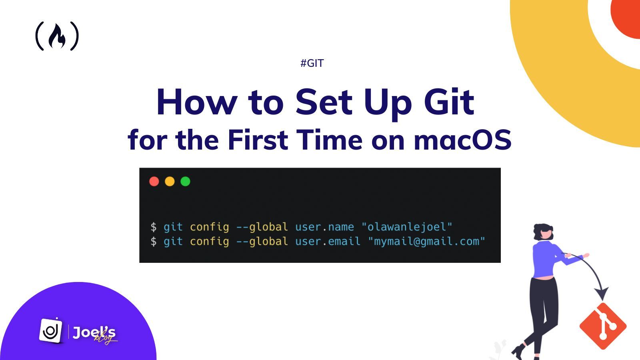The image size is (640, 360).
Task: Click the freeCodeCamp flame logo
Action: (57, 36)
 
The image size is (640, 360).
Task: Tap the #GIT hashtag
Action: (312, 63)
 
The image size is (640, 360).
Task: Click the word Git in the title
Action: (449, 102)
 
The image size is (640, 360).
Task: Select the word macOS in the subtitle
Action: (462, 140)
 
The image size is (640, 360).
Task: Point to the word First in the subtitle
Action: (258, 140)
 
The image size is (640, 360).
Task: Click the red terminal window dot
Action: (154, 182)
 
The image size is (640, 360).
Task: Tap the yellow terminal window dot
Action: (170, 182)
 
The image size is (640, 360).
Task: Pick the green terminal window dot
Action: (186, 182)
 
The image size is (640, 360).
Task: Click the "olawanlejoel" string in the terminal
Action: (407, 227)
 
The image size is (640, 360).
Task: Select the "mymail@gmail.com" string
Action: (426, 242)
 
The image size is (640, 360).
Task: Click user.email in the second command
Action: (328, 242)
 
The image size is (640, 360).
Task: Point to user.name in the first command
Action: (324, 227)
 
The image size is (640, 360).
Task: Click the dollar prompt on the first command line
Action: (154, 227)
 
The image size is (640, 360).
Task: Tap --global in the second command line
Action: (262, 242)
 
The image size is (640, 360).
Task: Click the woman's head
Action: (543, 232)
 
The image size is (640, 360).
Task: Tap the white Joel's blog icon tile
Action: (51, 330)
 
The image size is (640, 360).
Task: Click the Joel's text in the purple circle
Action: (94, 332)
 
